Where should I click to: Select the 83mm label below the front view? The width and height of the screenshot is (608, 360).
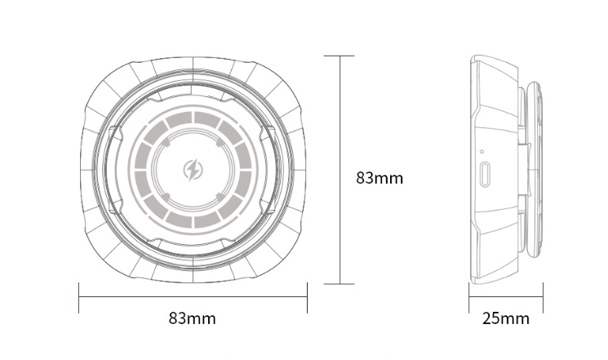(193, 318)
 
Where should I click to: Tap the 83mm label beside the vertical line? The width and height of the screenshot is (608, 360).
(379, 177)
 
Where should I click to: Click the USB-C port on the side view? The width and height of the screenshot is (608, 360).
(486, 174)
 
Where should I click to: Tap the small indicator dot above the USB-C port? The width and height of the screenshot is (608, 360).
(482, 152)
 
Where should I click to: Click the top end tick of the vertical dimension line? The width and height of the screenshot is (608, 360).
(340, 56)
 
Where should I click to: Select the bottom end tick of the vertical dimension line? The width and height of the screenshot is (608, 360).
(340, 284)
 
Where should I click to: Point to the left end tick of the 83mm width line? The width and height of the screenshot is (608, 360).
(78, 298)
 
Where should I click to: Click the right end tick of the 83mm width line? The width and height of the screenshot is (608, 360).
(307, 298)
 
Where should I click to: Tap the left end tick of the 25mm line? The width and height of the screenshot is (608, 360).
(468, 298)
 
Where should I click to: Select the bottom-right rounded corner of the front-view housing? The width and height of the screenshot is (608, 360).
(286, 265)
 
